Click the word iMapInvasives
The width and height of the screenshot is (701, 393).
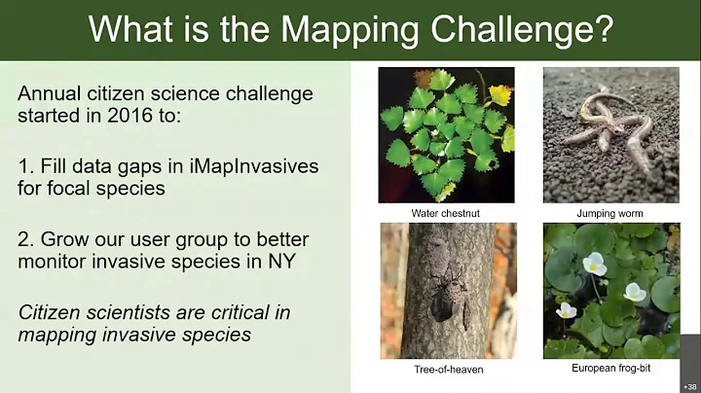[249, 166]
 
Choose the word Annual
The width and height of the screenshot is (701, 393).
[50, 95]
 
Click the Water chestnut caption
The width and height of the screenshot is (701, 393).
[445, 213]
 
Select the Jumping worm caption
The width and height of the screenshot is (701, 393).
[610, 213]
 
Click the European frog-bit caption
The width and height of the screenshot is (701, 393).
[610, 370]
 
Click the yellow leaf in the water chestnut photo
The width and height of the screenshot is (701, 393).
[500, 94]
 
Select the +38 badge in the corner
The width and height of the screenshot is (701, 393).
[690, 386]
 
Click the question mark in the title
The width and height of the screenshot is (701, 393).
[603, 28]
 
